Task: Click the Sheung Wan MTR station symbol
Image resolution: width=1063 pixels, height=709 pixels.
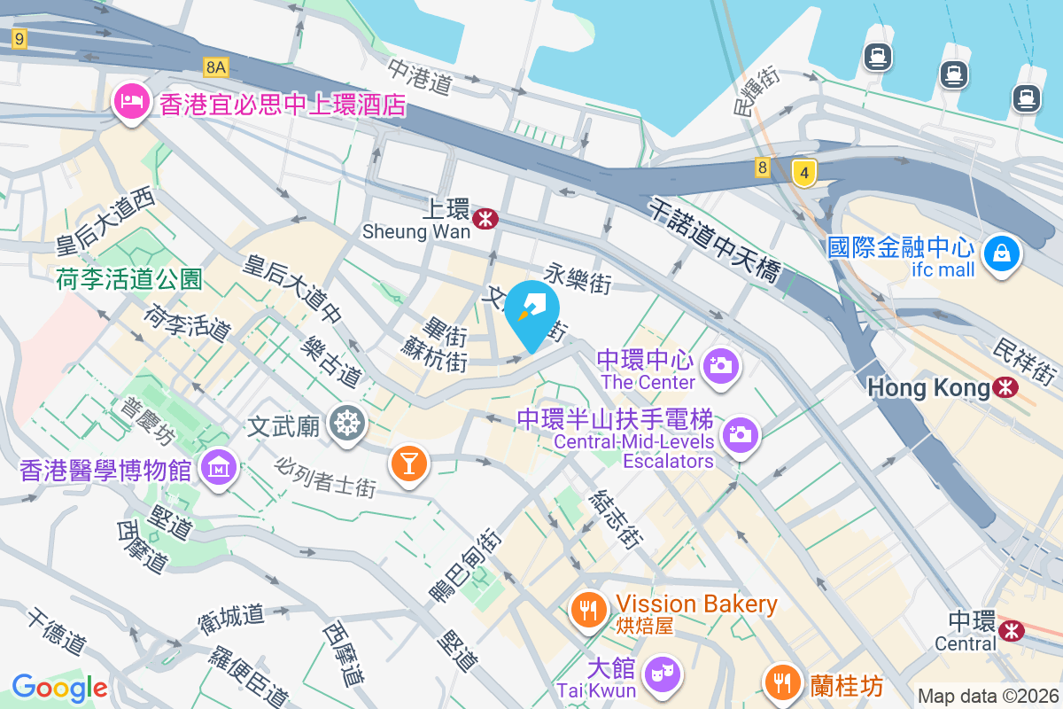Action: click(485, 219)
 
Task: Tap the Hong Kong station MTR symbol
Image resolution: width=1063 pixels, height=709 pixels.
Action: click(1005, 387)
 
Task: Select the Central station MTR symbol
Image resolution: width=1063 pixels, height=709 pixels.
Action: click(1010, 629)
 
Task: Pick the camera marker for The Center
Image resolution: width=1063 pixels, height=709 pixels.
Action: click(720, 365)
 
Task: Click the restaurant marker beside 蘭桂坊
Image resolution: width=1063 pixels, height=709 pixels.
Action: click(780, 683)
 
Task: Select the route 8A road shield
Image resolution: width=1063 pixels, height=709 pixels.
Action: click(215, 66)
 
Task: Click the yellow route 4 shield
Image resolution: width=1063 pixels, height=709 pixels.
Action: click(803, 173)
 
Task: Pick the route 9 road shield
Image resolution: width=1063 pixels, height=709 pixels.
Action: click(19, 38)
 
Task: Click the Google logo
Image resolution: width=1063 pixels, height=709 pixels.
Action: click(59, 688)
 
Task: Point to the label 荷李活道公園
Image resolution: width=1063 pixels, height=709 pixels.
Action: click(128, 280)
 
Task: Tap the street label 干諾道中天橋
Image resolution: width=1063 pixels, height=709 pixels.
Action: click(714, 238)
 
